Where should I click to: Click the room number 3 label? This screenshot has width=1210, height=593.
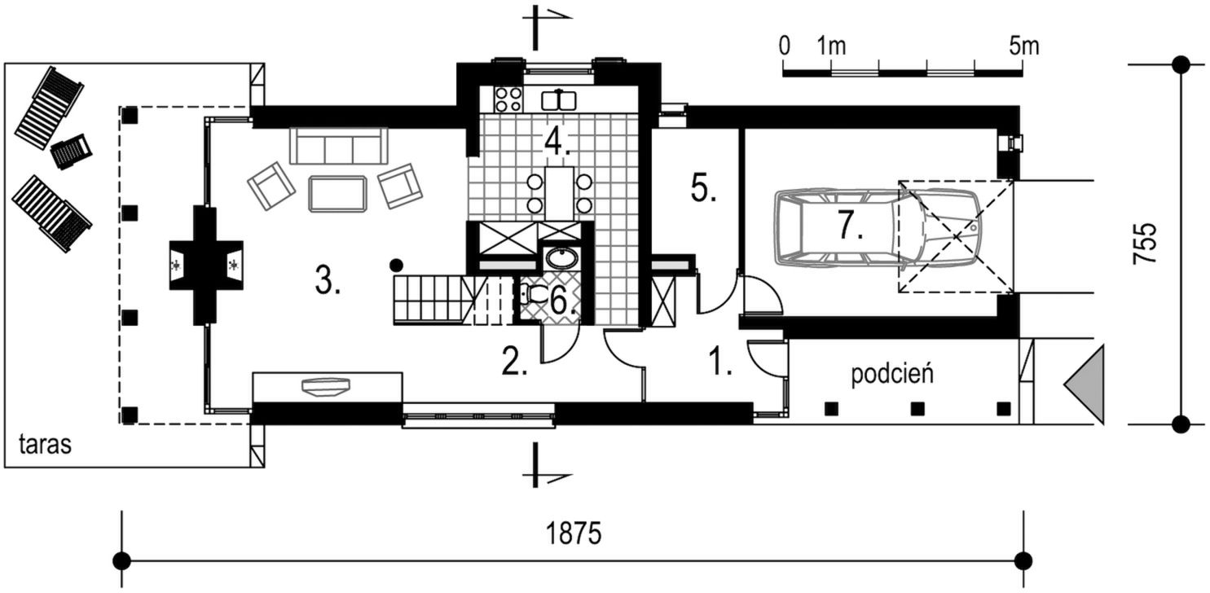click(x=327, y=282)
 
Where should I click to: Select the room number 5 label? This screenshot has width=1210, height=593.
click(x=703, y=189)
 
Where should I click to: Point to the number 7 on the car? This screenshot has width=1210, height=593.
click(x=850, y=227)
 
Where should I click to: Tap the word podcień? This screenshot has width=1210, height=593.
click(x=891, y=375)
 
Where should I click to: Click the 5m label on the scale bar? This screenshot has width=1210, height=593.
click(x=1023, y=46)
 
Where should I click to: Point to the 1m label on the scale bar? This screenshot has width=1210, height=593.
click(x=832, y=46)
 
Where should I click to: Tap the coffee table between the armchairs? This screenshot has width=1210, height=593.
click(x=337, y=193)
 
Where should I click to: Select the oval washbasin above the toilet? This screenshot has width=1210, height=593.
click(x=560, y=260)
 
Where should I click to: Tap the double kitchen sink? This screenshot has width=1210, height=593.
click(x=560, y=100)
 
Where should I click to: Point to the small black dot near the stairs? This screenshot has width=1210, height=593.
click(x=396, y=264)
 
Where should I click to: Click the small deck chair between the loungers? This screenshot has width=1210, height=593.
click(x=71, y=151)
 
